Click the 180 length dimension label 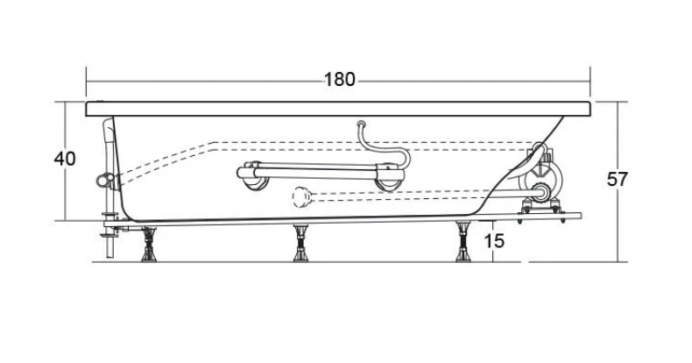[x=339, y=80]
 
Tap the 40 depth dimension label [x=65, y=159]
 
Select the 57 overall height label [x=617, y=179]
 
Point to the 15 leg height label [x=494, y=241]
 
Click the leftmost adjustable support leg [x=149, y=245]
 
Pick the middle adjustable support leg [x=301, y=244]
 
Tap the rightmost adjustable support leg [x=463, y=242]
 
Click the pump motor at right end [x=542, y=177]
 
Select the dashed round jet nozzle [x=301, y=197]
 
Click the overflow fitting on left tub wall [x=103, y=180]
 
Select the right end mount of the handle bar [x=389, y=176]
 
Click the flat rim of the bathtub [x=338, y=109]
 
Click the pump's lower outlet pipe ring [x=541, y=192]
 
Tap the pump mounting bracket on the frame [x=542, y=208]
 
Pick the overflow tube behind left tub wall [x=108, y=150]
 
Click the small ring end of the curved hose [x=362, y=125]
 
